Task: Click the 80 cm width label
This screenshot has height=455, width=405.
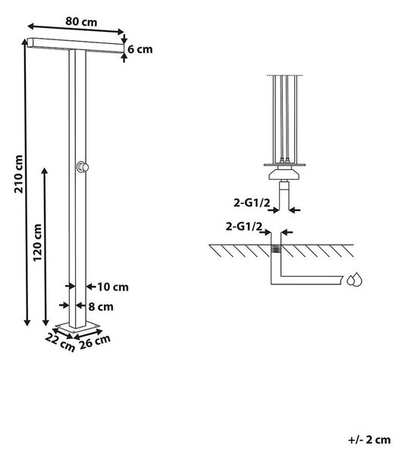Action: [x=81, y=22]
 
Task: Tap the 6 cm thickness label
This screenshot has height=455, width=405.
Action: [x=140, y=49]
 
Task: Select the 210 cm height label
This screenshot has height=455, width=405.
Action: [x=19, y=174]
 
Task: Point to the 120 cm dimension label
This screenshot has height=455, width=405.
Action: [x=37, y=243]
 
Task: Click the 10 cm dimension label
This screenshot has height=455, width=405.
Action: [x=112, y=287]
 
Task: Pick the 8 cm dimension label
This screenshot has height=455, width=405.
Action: [x=101, y=306]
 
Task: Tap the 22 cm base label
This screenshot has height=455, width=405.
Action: [x=60, y=342]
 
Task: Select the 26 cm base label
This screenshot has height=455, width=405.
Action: [x=95, y=341]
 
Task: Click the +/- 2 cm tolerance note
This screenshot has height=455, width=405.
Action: [x=369, y=440]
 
